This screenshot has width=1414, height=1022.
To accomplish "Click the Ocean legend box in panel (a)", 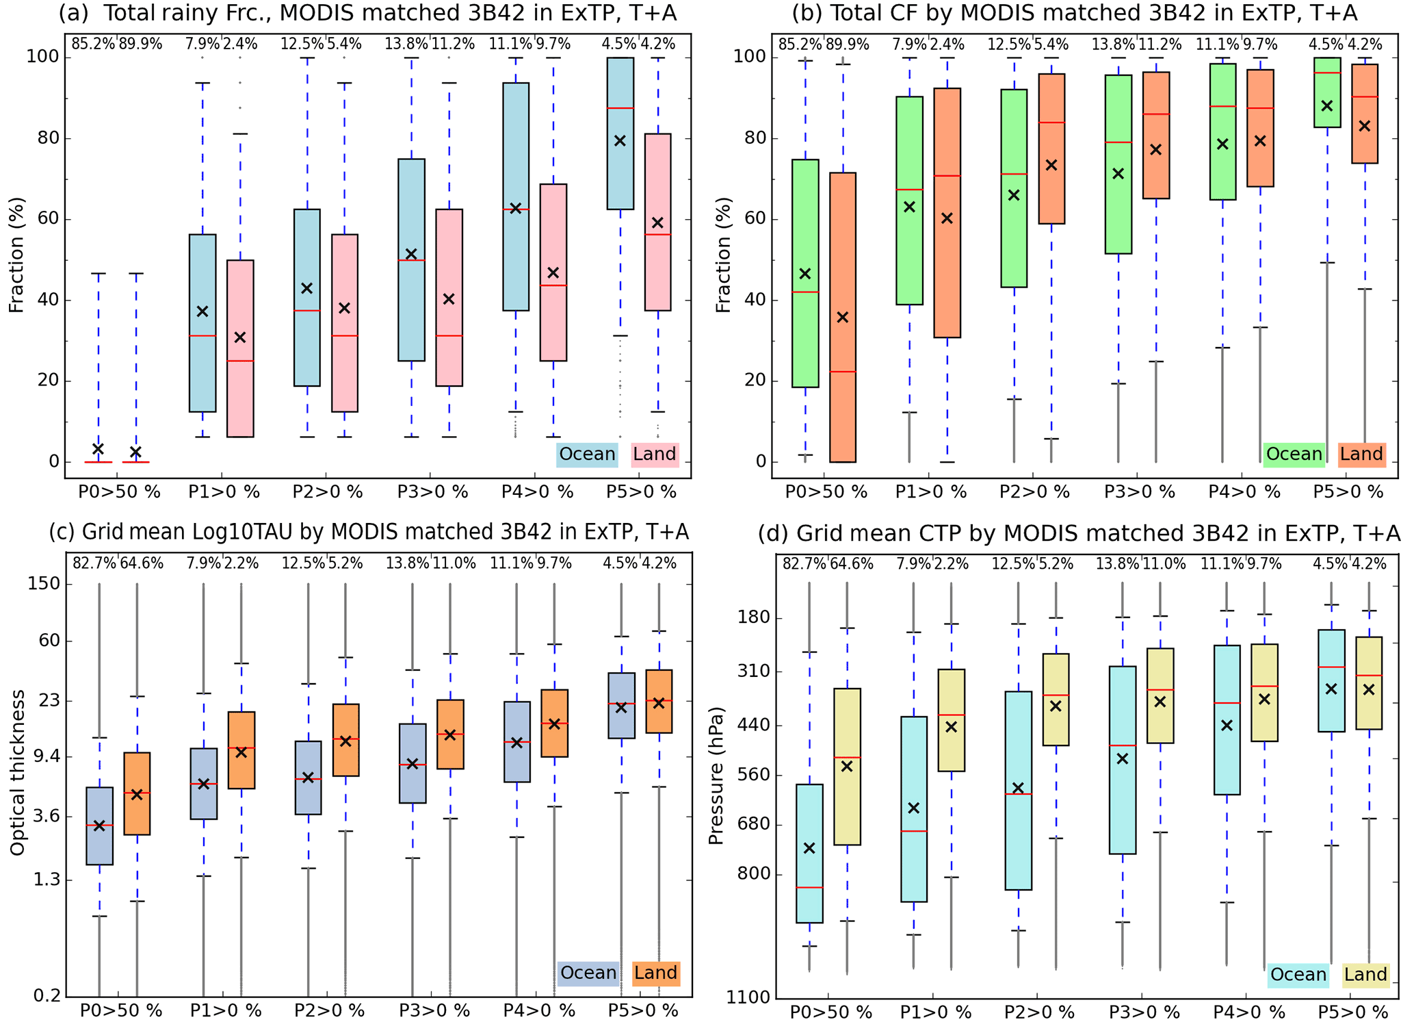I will click(x=586, y=455).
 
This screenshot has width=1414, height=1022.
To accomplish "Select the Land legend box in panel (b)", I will click(x=1361, y=455).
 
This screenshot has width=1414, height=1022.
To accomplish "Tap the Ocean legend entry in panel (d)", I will click(x=1298, y=975).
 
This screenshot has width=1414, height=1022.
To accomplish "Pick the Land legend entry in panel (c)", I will click(x=655, y=973).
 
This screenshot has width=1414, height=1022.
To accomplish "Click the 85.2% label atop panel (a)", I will click(x=93, y=44).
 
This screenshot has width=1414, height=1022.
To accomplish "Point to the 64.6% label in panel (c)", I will click(x=142, y=563).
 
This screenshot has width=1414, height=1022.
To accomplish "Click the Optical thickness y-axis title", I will click(x=18, y=772).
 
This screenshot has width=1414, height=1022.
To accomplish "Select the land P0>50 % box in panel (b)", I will click(x=843, y=317).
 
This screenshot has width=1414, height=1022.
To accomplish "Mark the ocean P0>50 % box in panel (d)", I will click(x=810, y=853).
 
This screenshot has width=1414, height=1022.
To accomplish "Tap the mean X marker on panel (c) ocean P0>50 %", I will click(x=99, y=826).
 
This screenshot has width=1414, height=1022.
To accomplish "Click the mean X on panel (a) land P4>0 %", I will click(x=553, y=272).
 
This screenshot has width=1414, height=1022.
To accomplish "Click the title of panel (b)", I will click(x=1074, y=13).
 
